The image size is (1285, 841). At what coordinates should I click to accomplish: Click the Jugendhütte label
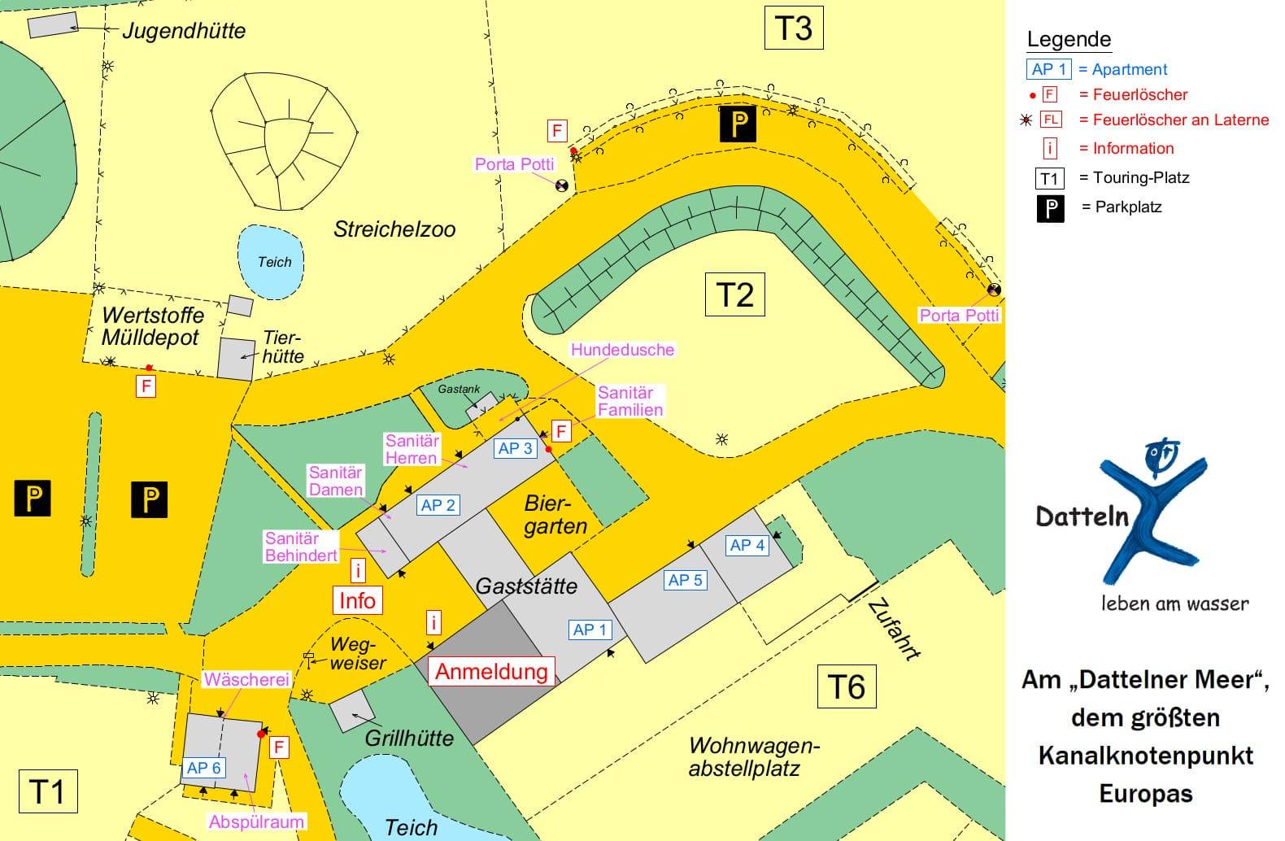click(x=184, y=31)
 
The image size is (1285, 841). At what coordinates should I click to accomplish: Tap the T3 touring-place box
click(x=794, y=28)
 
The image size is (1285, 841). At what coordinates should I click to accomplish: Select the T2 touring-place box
click(x=734, y=294)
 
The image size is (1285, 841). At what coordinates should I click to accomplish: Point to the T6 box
click(x=846, y=686)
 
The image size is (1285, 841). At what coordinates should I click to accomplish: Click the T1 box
click(x=47, y=791)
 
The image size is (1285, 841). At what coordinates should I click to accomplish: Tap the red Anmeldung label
click(x=491, y=671)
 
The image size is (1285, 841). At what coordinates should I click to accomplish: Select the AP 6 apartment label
click(x=203, y=768)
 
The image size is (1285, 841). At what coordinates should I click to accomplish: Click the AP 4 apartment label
click(x=747, y=545)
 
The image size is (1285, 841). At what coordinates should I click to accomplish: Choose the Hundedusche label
click(x=622, y=350)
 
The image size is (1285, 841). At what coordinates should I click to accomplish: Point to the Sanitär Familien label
click(x=630, y=401)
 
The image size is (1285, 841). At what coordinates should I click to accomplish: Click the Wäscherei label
click(x=246, y=679)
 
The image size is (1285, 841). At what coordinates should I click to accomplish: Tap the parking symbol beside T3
click(x=738, y=124)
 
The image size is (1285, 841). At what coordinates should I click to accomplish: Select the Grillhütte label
click(x=409, y=738)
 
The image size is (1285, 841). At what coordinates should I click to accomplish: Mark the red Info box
click(x=357, y=600)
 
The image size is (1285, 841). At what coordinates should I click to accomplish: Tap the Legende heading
click(x=1069, y=39)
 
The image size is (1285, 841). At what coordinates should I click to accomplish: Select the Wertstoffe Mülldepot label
click(x=152, y=326)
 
